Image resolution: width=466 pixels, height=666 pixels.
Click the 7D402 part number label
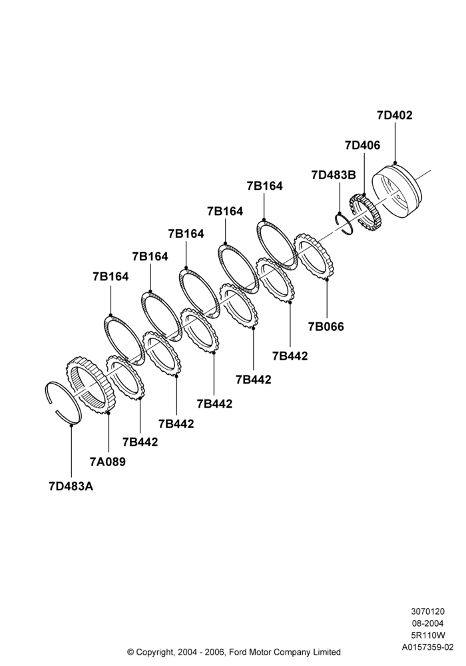[x=394, y=115]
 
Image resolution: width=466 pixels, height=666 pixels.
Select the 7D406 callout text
[x=362, y=145]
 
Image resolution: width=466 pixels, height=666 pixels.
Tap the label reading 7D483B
[x=334, y=175]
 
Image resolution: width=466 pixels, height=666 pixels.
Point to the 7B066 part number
[x=326, y=326]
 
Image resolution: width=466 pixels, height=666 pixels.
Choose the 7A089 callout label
[x=108, y=462]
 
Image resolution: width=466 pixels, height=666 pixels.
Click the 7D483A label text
[x=71, y=486]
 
